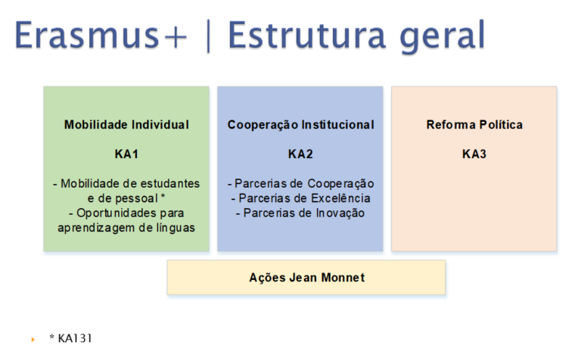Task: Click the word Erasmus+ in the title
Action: (101, 35)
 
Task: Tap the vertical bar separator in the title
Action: (208, 36)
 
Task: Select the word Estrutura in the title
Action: (307, 35)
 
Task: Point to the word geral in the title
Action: (443, 37)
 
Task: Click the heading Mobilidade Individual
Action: (126, 125)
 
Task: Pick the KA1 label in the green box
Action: (126, 154)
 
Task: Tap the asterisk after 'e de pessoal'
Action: (163, 197)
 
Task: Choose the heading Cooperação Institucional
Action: (300, 125)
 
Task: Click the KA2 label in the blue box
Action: (300, 154)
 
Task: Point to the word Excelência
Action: (342, 198)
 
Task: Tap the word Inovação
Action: (340, 213)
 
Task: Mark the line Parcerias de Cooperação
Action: (300, 184)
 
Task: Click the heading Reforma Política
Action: (474, 125)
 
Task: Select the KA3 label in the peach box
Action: (474, 154)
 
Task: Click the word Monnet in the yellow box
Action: (343, 278)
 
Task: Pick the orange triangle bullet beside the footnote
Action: (33, 339)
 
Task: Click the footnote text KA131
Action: (75, 338)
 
